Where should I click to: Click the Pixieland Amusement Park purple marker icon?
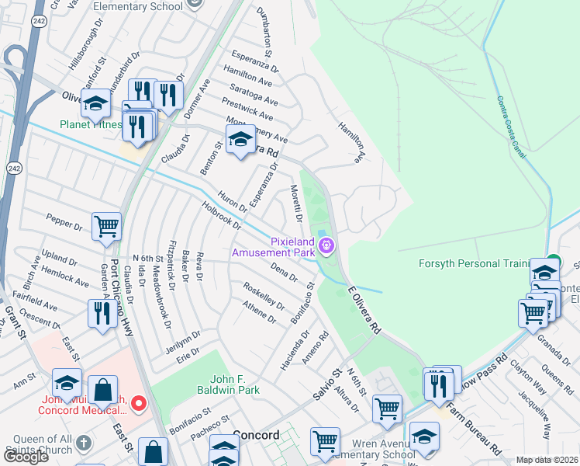click(327, 247)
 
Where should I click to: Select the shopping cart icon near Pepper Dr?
click(106, 226)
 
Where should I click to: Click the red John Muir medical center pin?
click(139, 403)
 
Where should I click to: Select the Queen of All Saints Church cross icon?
click(84, 441)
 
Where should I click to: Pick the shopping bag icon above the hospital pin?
click(102, 390)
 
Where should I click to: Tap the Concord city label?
click(255, 435)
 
